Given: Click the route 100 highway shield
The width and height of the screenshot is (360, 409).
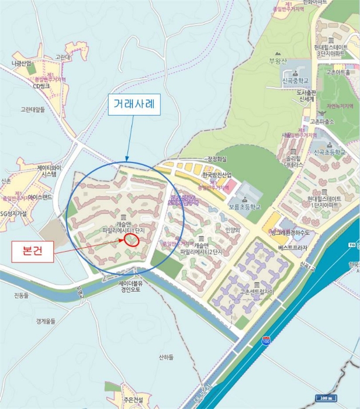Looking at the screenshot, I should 266,341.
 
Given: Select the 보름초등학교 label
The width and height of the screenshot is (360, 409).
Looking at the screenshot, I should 244,206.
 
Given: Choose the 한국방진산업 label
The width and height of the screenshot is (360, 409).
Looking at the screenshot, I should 217,175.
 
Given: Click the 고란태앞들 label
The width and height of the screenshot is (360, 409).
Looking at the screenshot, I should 33,109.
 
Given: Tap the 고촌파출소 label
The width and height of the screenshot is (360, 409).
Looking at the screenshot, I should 337,122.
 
